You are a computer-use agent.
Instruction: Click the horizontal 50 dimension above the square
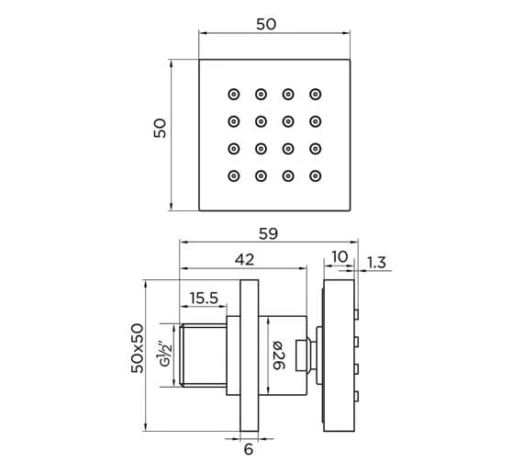pos(266,25)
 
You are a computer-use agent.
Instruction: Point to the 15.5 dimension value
pos(203,298)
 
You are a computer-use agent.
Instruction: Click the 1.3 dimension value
pos(376,264)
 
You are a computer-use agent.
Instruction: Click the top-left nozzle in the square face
pos(233,94)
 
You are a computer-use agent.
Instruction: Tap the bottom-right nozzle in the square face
pos(316,175)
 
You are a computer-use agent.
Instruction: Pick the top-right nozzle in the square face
pos(316,94)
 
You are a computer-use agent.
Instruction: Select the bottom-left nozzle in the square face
pos(233,175)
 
